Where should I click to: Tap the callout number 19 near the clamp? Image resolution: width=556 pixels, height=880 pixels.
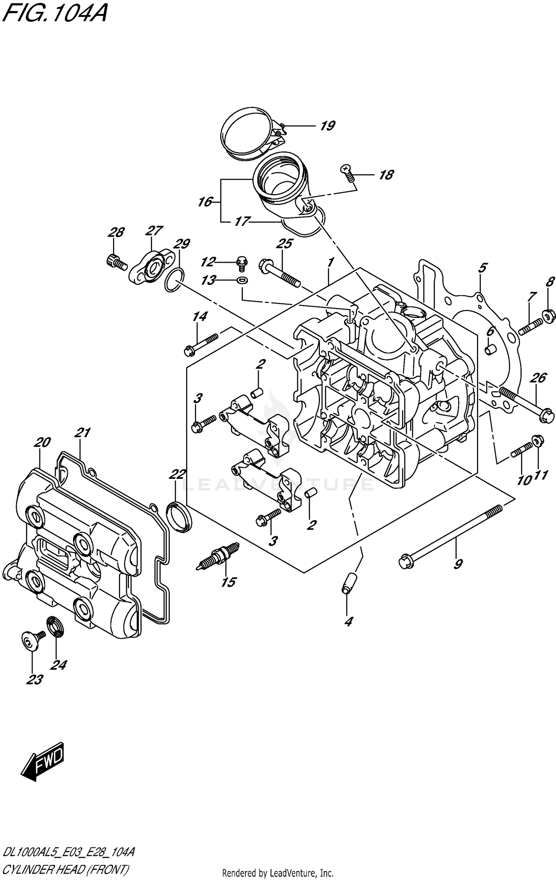(x=327, y=126)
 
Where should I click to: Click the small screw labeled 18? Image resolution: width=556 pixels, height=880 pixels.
(x=348, y=173)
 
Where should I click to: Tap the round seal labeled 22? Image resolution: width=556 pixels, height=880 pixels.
(x=179, y=516)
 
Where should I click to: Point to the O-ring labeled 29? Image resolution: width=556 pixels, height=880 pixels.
(x=173, y=282)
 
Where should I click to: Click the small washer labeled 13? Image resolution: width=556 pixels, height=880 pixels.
(x=242, y=280)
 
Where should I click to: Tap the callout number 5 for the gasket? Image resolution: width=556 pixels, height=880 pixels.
(x=482, y=268)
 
